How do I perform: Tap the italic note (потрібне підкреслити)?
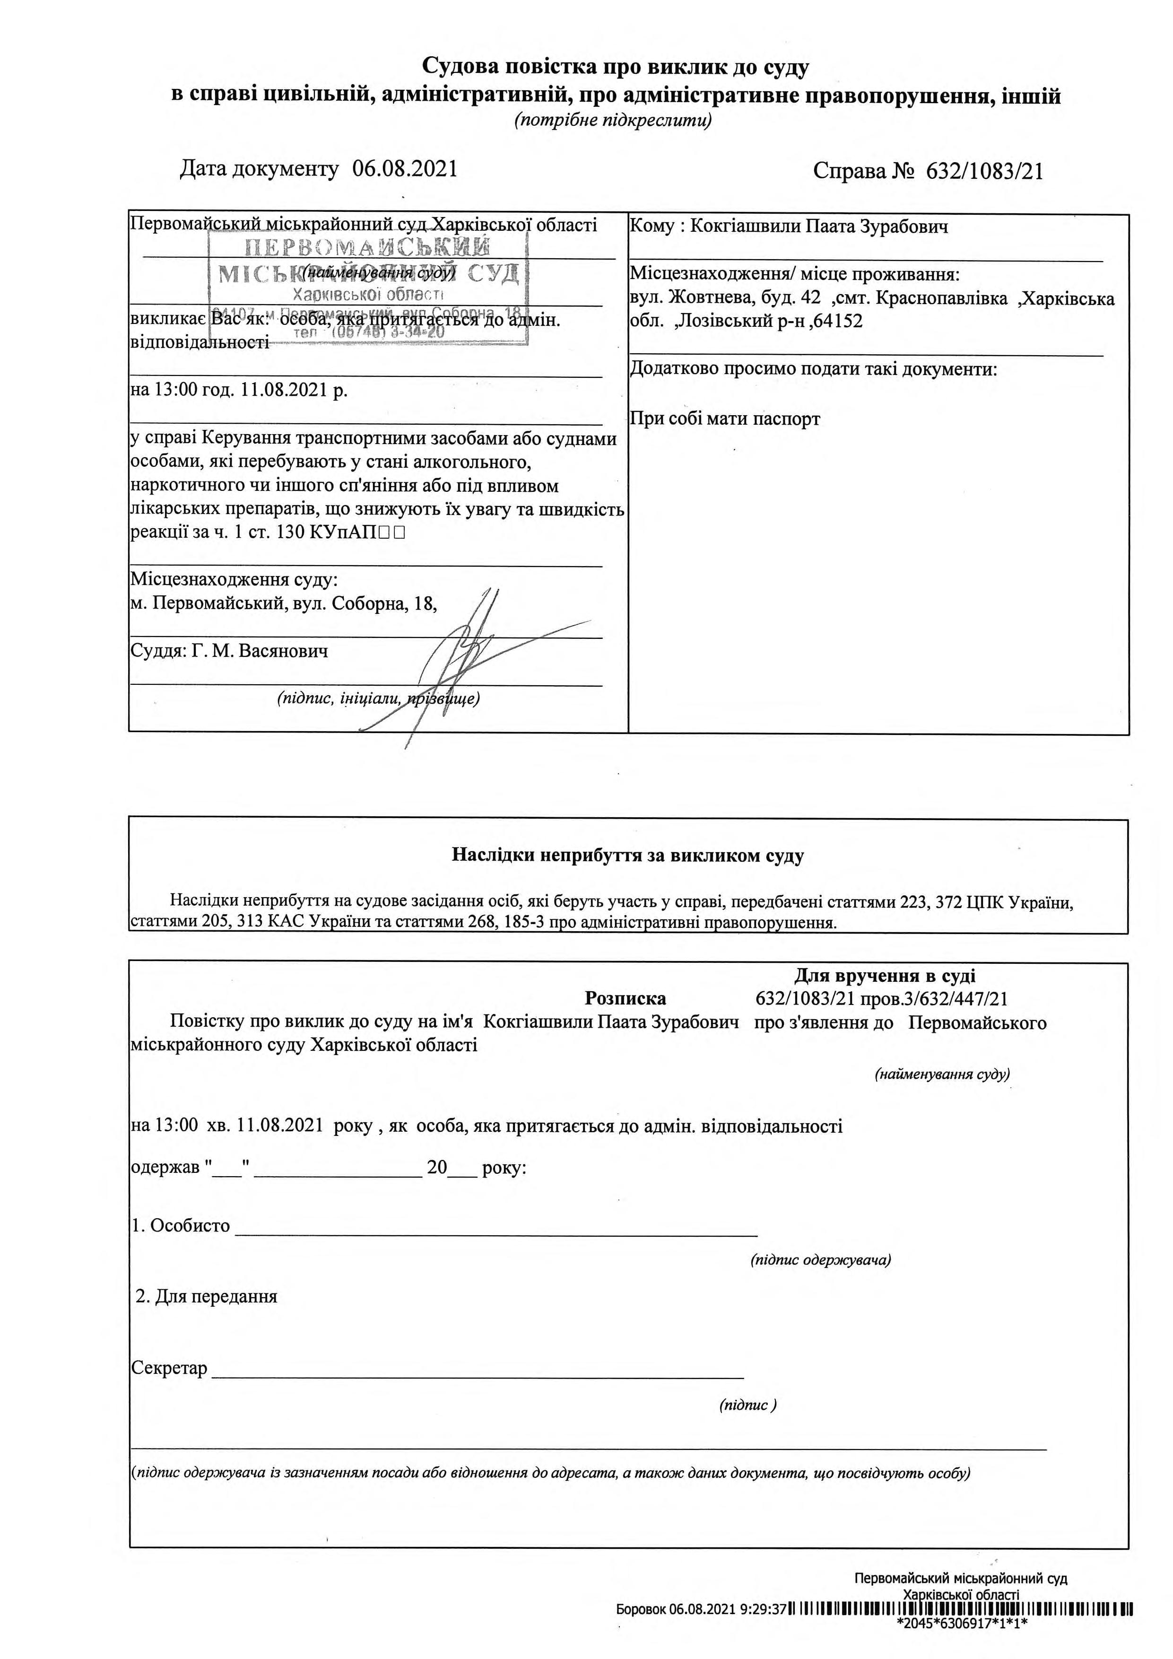pyautogui.click(x=612, y=121)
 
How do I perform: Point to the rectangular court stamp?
pyautogui.click(x=368, y=289)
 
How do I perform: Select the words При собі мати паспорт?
pyautogui.click(x=725, y=419)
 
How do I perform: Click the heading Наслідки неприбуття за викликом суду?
pyautogui.click(x=628, y=856)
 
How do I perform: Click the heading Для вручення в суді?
pyautogui.click(x=885, y=976)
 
